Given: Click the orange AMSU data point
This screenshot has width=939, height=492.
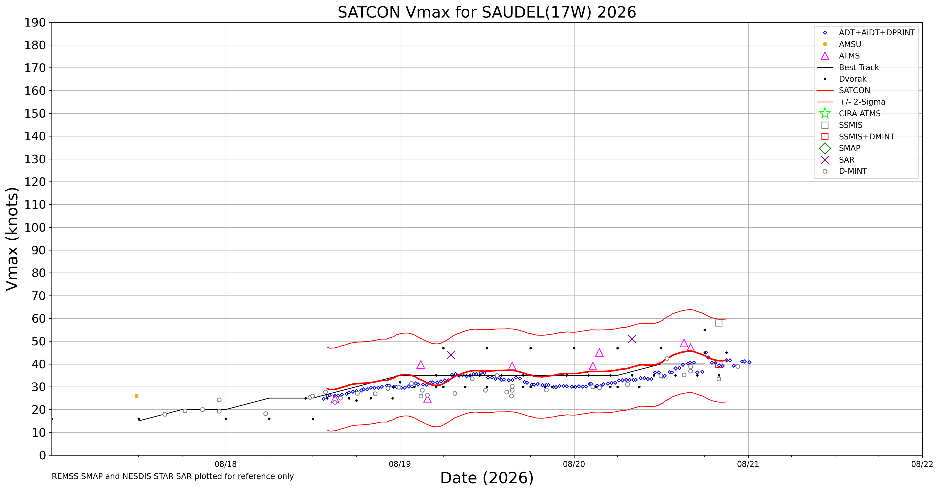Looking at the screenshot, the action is click(136, 396).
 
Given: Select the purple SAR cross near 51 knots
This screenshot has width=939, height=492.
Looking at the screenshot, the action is click(632, 339).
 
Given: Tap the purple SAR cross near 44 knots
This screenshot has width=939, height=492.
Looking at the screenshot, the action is click(451, 355).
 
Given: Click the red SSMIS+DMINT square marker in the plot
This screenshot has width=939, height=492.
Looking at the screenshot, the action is click(719, 364).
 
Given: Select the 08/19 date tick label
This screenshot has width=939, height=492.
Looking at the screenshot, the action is click(400, 464).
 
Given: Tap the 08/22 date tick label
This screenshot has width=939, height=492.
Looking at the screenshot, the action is click(922, 464).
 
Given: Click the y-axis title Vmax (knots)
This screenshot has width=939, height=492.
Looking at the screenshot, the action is click(12, 239).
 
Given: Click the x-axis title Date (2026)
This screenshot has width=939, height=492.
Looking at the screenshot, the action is click(487, 478).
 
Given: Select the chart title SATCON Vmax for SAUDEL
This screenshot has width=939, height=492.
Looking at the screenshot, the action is click(487, 12).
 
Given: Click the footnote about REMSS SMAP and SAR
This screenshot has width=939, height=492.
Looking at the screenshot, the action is click(173, 476).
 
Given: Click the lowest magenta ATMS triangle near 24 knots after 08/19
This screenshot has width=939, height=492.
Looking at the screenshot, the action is click(428, 399).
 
